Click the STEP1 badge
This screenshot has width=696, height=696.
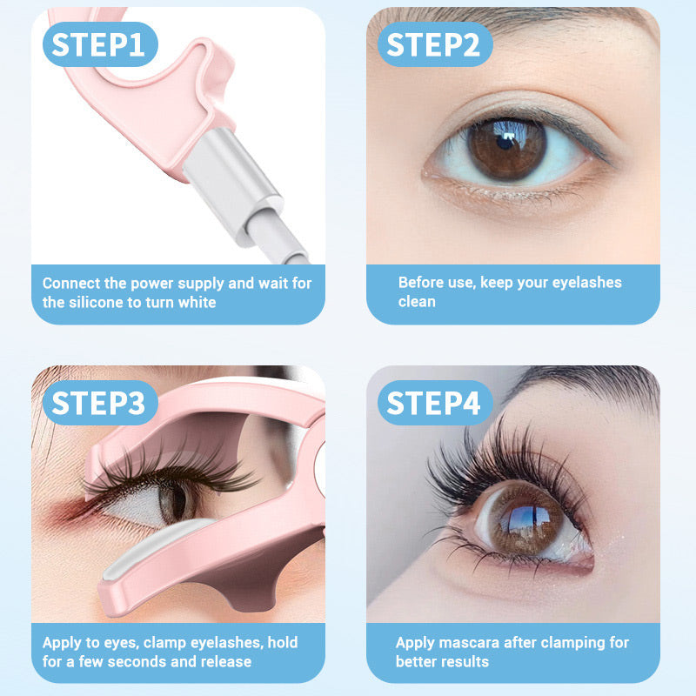(x=98, y=44)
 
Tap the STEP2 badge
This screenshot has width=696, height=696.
(x=432, y=44)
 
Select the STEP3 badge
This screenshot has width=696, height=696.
(x=98, y=403)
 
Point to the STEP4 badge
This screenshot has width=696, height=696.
(x=433, y=403)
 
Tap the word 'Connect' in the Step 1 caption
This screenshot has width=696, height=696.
(x=70, y=283)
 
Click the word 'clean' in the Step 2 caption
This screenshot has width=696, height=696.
(x=417, y=302)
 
